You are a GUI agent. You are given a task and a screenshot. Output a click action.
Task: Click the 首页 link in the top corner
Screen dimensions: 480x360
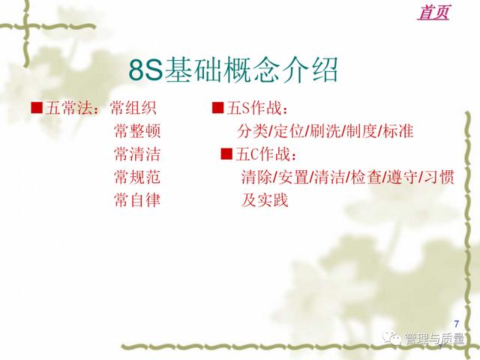[433, 13]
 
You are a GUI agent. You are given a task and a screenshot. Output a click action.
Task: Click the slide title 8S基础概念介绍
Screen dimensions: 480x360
[233, 70]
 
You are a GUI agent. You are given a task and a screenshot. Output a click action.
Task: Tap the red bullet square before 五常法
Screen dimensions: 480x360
[37, 108]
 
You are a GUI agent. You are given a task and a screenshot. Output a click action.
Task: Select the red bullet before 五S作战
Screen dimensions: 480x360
[217, 108]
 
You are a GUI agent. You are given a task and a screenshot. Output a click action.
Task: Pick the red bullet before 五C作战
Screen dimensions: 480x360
[226, 154]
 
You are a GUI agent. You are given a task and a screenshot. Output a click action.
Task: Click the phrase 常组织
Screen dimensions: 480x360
[133, 108]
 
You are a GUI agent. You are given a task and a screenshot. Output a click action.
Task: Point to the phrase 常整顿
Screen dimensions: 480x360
[137, 131]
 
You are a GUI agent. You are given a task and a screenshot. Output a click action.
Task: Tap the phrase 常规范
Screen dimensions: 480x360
[137, 177]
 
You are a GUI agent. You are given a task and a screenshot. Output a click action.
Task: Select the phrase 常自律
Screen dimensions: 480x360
[137, 200]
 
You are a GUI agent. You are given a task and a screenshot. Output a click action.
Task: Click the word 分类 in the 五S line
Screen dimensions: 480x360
[253, 131]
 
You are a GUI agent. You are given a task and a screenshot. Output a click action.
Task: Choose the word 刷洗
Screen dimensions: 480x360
[325, 131]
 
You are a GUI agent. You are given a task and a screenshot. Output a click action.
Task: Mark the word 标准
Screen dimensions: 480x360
[398, 131]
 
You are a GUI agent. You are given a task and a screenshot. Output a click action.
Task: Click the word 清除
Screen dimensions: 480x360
[256, 177]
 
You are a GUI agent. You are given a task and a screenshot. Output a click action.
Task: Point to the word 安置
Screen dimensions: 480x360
[293, 177]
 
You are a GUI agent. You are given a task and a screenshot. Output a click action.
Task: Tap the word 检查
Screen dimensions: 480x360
[366, 177]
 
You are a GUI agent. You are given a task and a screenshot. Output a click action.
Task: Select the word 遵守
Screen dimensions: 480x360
[402, 177]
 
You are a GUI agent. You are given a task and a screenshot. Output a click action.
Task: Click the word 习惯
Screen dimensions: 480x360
[439, 177]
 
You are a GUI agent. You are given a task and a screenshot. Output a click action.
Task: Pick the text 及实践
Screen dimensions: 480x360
[265, 200]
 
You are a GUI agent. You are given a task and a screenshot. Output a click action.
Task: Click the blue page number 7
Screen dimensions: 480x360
[457, 323]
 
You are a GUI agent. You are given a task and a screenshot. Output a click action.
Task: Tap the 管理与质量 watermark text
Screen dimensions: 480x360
[434, 339]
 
